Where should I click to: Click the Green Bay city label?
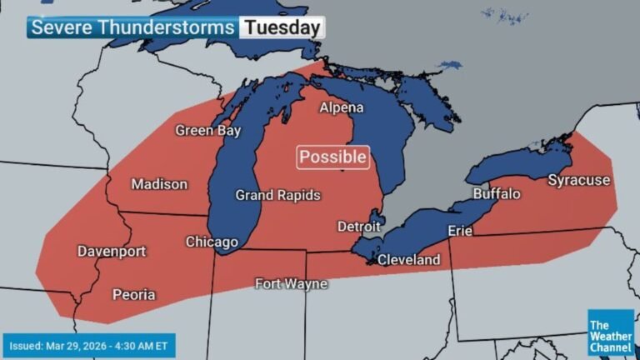(x=207, y=131)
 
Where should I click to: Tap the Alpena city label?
(x=342, y=108)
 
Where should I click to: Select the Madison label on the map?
(x=159, y=184)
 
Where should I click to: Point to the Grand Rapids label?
(x=278, y=196)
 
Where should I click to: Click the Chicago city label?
(x=212, y=242)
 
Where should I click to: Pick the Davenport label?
(x=112, y=251)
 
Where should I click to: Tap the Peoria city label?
(x=134, y=295)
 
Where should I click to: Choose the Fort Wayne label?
(x=291, y=284)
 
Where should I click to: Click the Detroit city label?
(x=359, y=227)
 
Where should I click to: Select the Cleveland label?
(x=408, y=260)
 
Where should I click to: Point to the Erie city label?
(x=461, y=231)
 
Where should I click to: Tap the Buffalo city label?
(x=497, y=194)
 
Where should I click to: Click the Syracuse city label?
(x=578, y=180)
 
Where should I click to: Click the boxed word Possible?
(x=332, y=157)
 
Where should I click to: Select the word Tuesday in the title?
(x=282, y=27)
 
